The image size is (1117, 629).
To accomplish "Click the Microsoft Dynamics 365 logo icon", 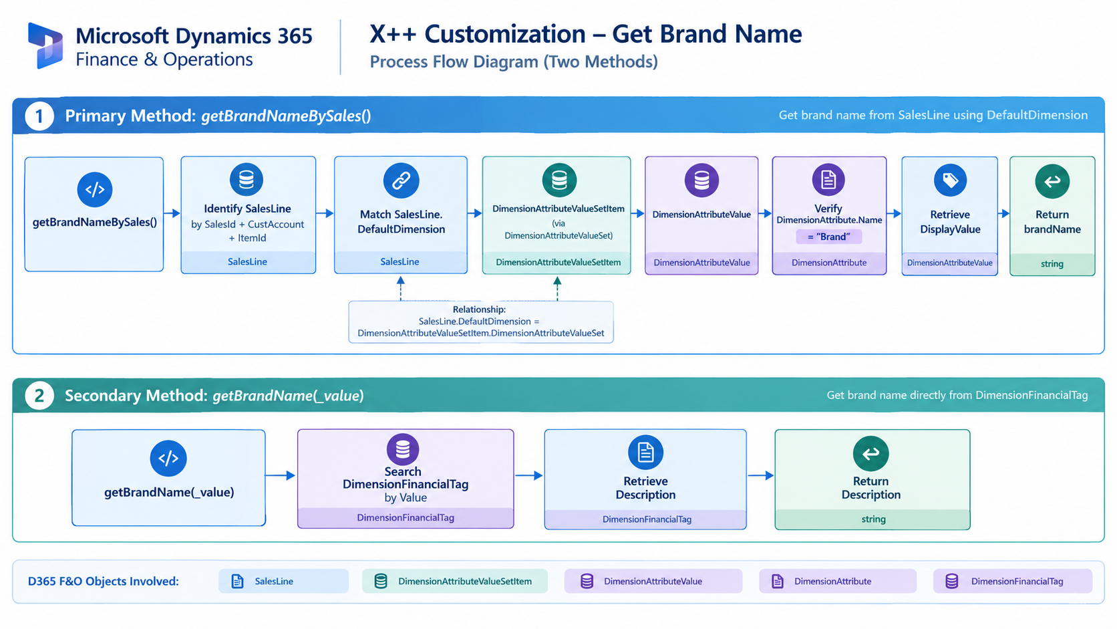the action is (x=45, y=45).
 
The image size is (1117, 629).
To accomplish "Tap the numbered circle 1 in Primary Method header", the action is (x=39, y=116).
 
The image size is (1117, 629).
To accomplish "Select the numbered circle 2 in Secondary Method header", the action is (x=39, y=396).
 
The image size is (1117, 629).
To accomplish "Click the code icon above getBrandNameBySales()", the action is (x=95, y=190).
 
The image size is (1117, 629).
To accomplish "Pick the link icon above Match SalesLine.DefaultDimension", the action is (x=401, y=180).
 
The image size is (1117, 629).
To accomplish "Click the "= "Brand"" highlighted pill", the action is (x=829, y=237).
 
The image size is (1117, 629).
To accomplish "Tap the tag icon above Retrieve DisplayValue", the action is (x=950, y=180).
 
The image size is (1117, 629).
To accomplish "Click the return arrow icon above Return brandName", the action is (x=1052, y=181).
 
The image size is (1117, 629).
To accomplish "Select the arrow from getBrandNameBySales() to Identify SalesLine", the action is (x=172, y=213).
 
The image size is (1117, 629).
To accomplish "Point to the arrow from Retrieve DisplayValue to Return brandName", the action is (x=1004, y=213).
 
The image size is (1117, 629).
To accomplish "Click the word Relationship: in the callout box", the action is (x=479, y=309).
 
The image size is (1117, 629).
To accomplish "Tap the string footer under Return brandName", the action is (x=1052, y=264).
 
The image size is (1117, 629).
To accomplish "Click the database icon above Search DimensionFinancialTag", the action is (x=402, y=449).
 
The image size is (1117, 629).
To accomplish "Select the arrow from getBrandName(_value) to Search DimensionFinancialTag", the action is (x=280, y=475).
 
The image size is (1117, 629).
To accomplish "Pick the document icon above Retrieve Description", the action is (x=645, y=453).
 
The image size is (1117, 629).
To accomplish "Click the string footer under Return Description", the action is (x=872, y=519).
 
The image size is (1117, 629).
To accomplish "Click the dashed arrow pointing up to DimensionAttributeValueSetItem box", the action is (x=558, y=289).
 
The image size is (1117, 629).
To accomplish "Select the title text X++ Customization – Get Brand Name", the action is (x=585, y=34).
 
